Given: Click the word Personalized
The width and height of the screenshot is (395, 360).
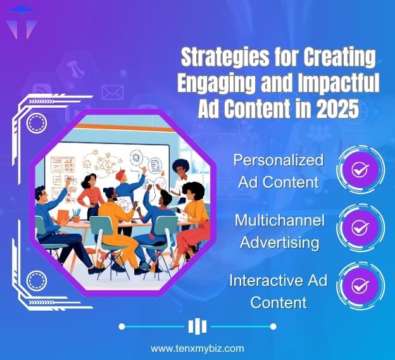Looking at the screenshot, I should pos(278,160).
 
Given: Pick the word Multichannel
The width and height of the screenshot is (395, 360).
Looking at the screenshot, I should pos(279,220).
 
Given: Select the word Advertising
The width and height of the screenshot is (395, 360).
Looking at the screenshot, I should pos(279,242).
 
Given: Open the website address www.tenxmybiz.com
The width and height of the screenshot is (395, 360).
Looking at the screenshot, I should pos(197,349).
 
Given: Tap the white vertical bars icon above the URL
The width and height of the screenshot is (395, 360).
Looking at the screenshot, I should pos(197,326).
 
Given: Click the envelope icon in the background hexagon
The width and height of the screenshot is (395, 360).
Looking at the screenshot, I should pos(111,93).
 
